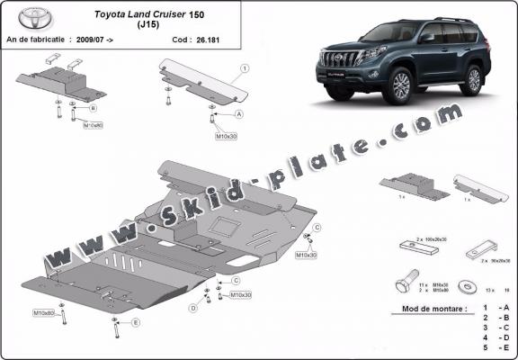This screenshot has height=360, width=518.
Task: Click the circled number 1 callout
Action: (245, 68)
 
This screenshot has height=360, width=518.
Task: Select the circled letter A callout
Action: (238, 115)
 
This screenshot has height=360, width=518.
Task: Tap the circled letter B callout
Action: (93, 107)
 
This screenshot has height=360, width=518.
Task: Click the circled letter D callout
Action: (193, 308)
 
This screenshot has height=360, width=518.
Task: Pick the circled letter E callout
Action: (136, 321)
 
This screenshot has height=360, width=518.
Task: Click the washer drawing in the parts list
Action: (469, 287)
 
